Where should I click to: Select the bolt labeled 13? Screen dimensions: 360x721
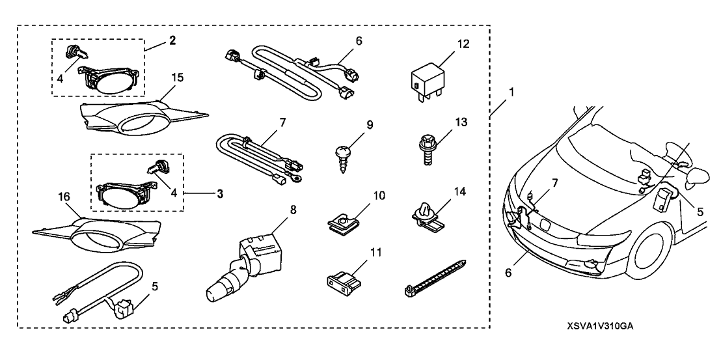[428, 145]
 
